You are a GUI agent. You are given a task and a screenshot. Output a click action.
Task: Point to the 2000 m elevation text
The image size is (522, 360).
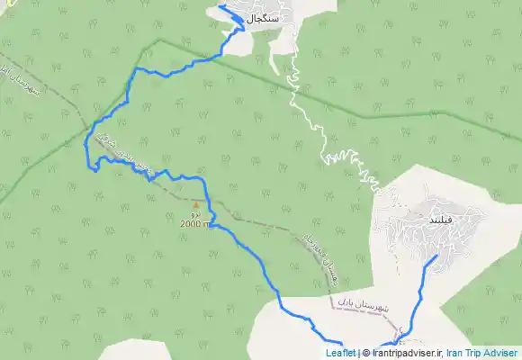click(x=194, y=223)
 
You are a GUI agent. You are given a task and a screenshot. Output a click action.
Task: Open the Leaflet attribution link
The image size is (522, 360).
click(x=340, y=353)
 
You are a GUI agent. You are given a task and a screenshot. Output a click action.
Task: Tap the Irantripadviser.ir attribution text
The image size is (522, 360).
click(x=405, y=353)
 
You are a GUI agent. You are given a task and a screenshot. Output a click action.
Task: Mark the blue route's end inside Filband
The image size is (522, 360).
click(x=437, y=256)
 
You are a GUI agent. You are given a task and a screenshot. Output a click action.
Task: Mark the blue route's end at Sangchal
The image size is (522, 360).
click(x=220, y=7)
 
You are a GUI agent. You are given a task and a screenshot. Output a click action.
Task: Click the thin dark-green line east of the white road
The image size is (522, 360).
click(x=423, y=117)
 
